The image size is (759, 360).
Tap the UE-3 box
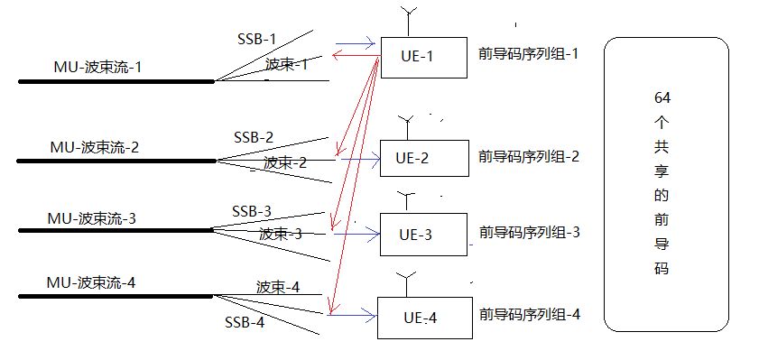pyautogui.click(x=423, y=235)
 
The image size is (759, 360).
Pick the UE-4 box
pyautogui.click(x=423, y=317)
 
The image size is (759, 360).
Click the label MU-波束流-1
pyautogui.click(x=97, y=69)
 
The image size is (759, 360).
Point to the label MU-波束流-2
pyautogui.click(x=95, y=147)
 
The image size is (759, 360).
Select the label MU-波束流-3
pyautogui.click(x=92, y=219)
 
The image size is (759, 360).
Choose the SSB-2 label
pyautogui.click(x=254, y=138)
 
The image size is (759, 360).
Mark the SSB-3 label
pyautogui.click(x=252, y=211)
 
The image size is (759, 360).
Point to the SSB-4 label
pyautogui.click(x=245, y=322)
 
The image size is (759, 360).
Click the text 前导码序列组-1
pyautogui.click(x=529, y=54)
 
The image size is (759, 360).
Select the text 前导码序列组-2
pyautogui.click(x=530, y=156)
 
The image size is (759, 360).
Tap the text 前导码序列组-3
pyautogui.click(x=530, y=232)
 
